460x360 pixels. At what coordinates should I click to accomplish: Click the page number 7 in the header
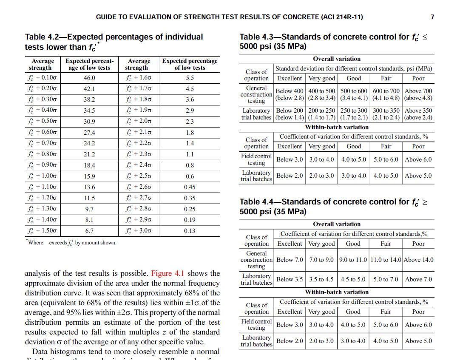(432, 17)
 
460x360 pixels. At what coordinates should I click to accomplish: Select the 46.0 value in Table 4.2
(89, 78)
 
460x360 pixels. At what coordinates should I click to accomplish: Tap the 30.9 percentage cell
(89, 122)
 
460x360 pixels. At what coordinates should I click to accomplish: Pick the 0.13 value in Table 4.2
(190, 231)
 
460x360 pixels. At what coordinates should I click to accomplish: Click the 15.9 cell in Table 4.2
(89, 176)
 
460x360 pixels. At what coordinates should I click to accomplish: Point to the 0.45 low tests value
(190, 187)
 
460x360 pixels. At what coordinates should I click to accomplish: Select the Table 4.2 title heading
(114, 42)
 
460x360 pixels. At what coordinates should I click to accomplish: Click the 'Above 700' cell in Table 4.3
(418, 91)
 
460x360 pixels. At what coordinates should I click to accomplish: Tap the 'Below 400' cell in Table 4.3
(290, 91)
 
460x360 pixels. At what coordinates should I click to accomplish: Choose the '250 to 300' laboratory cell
(354, 111)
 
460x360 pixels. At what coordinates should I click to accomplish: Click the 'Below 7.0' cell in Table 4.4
(290, 260)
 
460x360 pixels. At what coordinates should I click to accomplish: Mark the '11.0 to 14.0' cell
(386, 260)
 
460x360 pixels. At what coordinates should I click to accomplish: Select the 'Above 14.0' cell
(418, 260)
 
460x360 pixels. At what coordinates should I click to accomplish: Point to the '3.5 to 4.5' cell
(321, 279)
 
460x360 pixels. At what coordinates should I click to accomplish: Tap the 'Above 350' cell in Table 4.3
(418, 111)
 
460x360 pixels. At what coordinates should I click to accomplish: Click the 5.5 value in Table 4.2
(190, 78)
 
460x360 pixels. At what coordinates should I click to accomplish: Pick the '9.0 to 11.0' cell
(353, 260)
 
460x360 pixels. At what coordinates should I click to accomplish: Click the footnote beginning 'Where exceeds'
(71, 243)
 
